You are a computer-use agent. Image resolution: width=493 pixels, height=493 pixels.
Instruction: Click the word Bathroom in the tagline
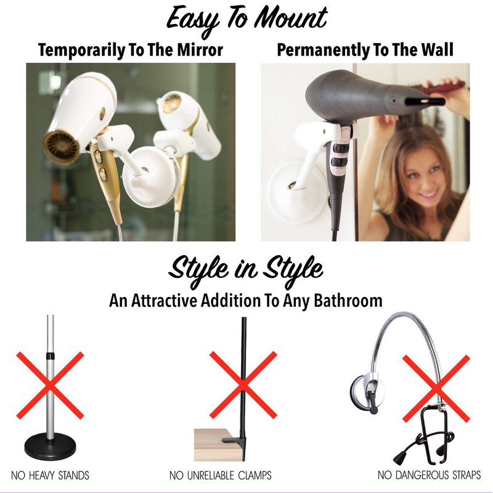pyautogui.click(x=348, y=301)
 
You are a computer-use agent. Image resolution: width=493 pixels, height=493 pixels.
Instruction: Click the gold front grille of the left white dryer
pyautogui.click(x=61, y=148)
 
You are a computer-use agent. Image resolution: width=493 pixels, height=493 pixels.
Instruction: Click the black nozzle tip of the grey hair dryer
pyautogui.click(x=425, y=102)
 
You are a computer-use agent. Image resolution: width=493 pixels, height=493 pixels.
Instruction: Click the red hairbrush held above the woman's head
pyautogui.click(x=446, y=87)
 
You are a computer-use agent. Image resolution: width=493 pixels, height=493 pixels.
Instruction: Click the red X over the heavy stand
pyautogui.click(x=50, y=386)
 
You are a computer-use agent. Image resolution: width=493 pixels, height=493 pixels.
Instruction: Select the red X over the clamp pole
pyautogui.click(x=243, y=385)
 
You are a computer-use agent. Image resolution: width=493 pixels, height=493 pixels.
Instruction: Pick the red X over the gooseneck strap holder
pyautogui.click(x=436, y=389)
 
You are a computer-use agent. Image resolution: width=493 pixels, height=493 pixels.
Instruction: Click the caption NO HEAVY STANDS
pyautogui.click(x=50, y=475)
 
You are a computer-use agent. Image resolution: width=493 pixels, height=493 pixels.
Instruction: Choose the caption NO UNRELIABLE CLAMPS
pyautogui.click(x=220, y=475)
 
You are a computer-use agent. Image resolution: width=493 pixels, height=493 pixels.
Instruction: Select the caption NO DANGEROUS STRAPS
pyautogui.click(x=429, y=475)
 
